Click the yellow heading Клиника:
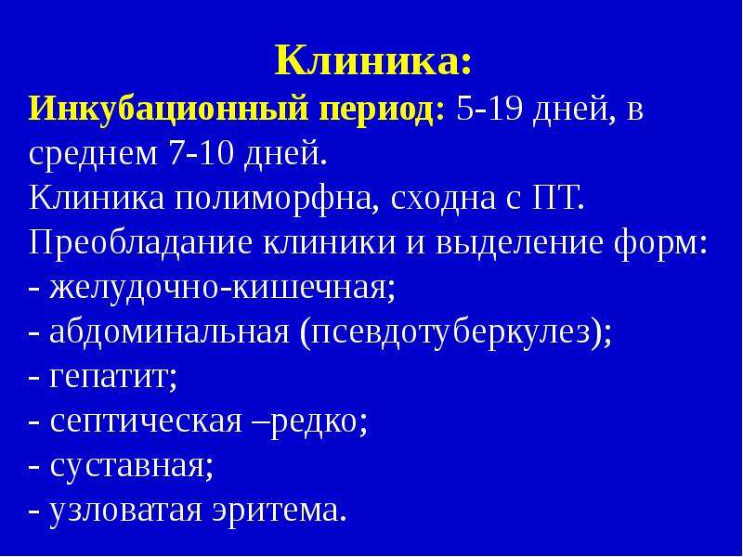(x=374, y=60)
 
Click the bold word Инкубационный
(x=169, y=110)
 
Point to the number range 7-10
(x=201, y=153)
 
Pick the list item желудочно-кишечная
(x=222, y=287)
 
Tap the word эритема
(x=279, y=510)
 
